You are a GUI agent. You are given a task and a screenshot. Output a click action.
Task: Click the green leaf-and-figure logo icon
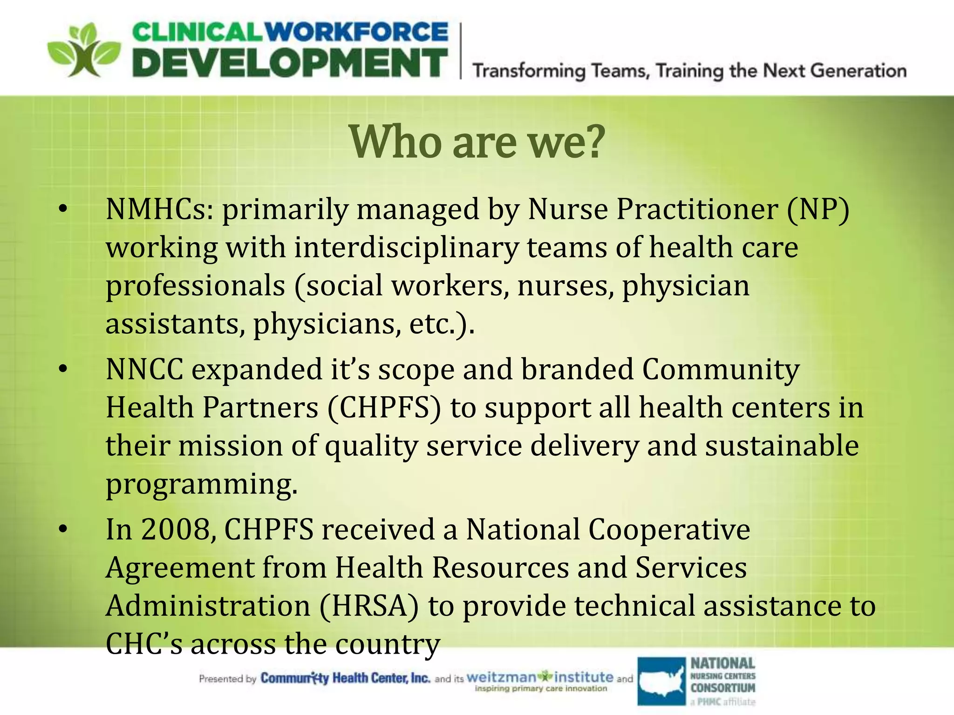pyautogui.click(x=84, y=50)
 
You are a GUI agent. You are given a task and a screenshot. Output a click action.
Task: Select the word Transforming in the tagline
pyautogui.click(x=529, y=71)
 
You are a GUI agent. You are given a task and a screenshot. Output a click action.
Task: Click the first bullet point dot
pyautogui.click(x=63, y=209)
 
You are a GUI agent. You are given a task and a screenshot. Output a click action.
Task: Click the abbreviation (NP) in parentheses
pyautogui.click(x=818, y=209)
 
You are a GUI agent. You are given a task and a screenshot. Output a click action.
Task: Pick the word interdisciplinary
pyautogui.click(x=406, y=247)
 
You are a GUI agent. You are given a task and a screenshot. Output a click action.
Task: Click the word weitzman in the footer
pyautogui.click(x=501, y=677)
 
